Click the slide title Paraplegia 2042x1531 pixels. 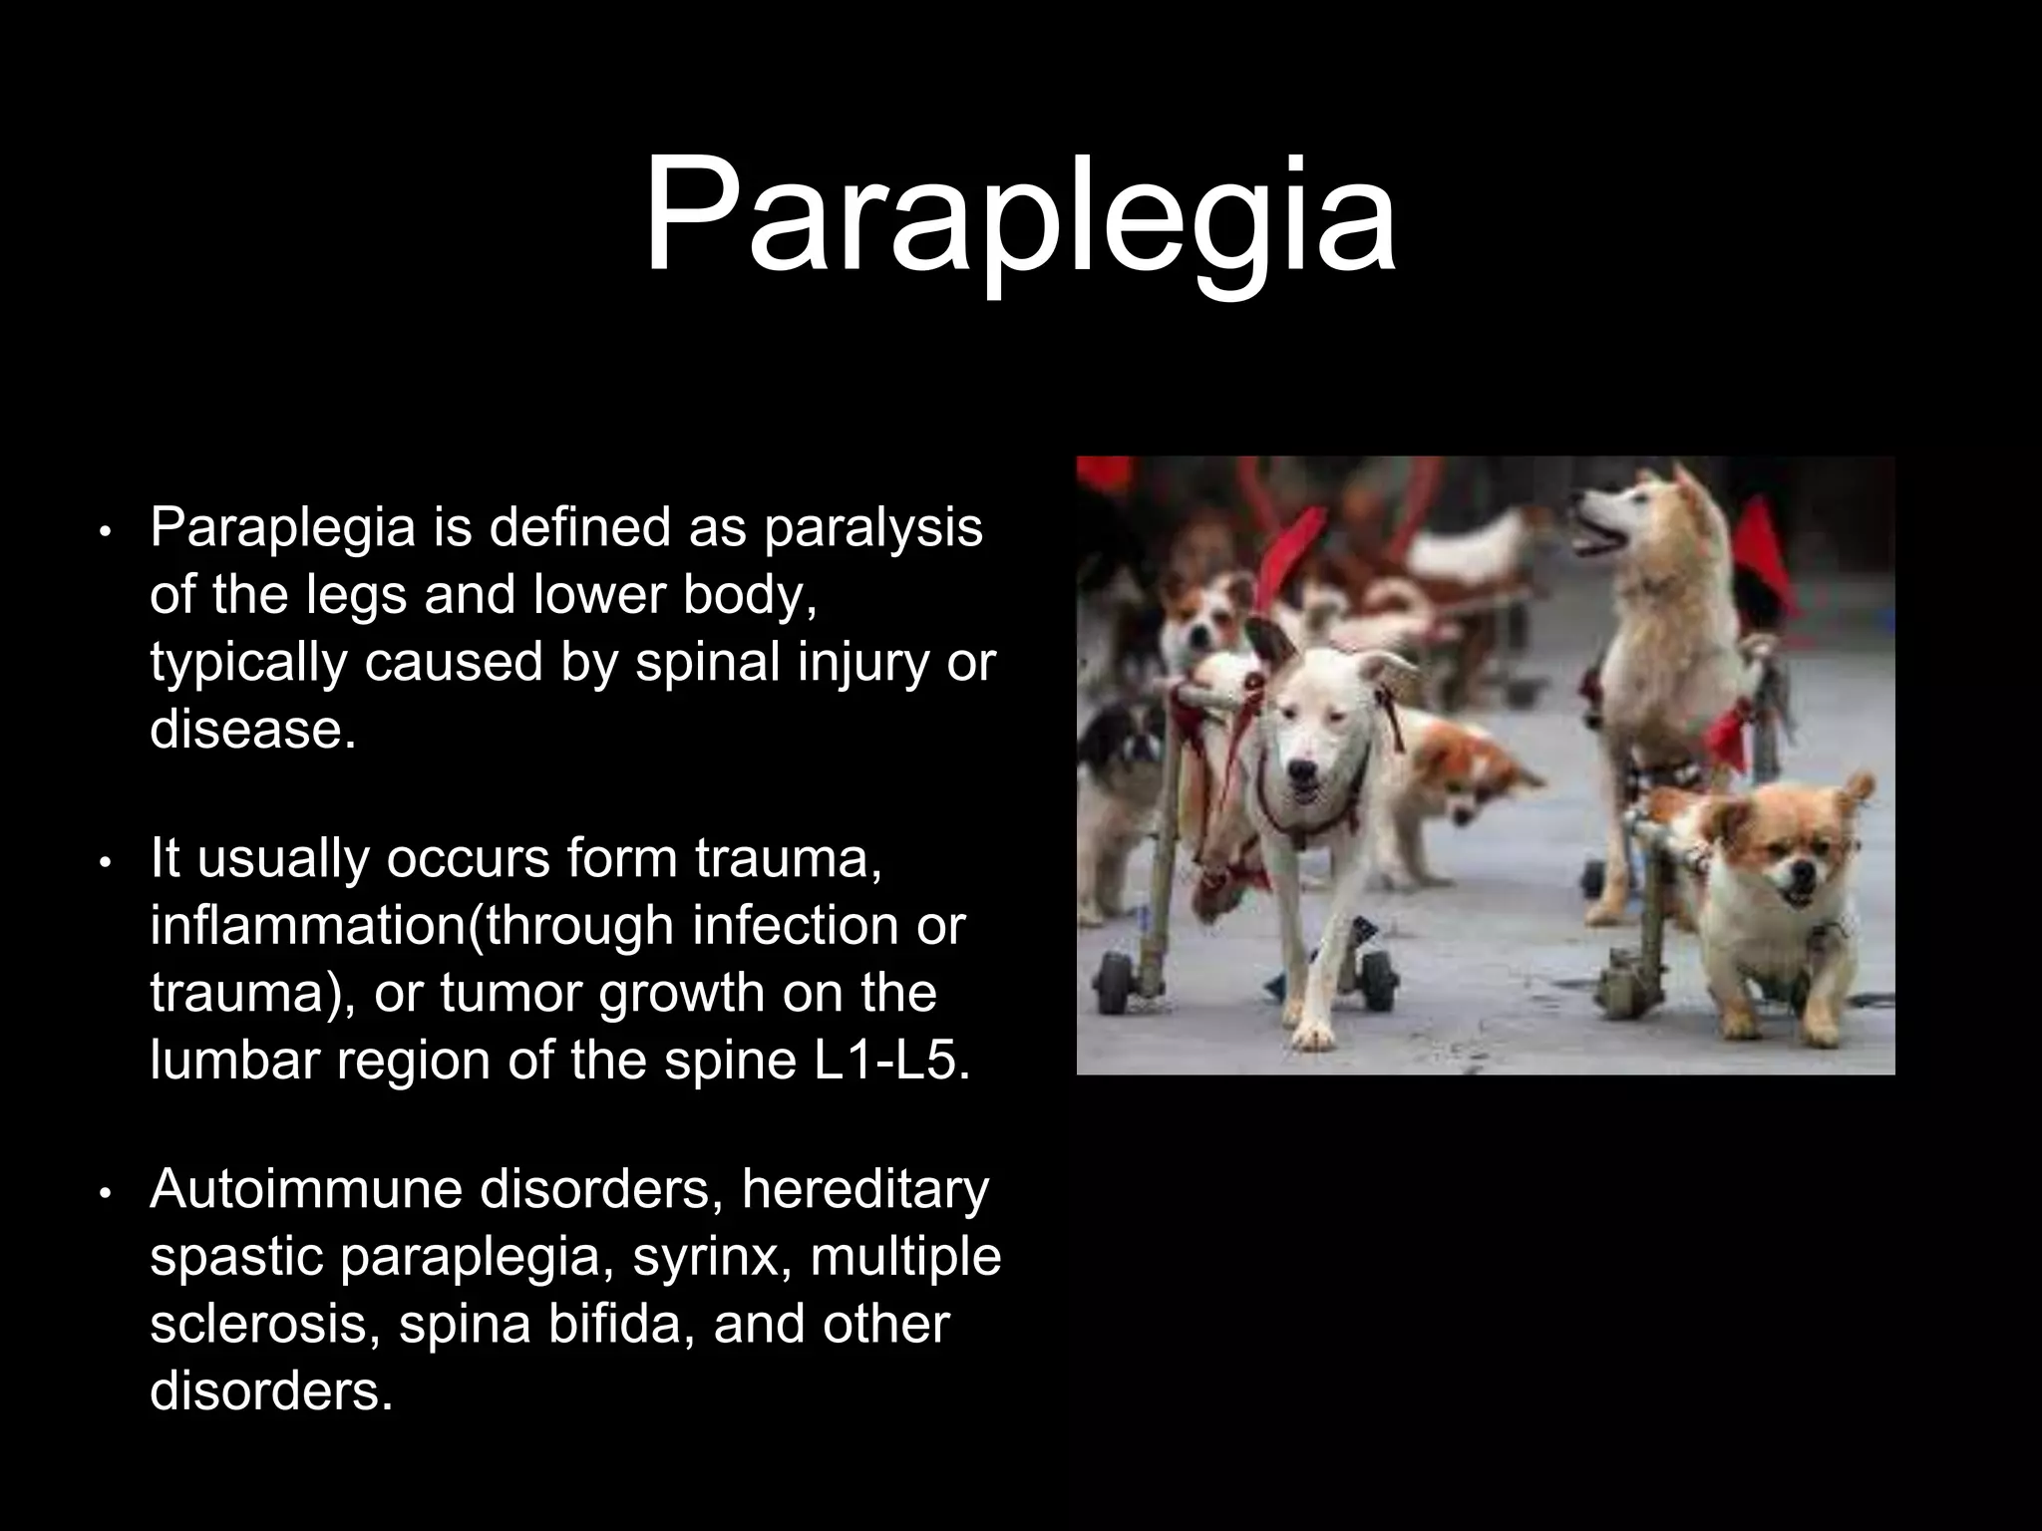[x=1019, y=217]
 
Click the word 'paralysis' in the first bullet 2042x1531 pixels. [x=873, y=528]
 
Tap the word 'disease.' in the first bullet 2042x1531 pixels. [x=252, y=730]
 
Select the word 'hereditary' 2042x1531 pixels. [x=864, y=1189]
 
